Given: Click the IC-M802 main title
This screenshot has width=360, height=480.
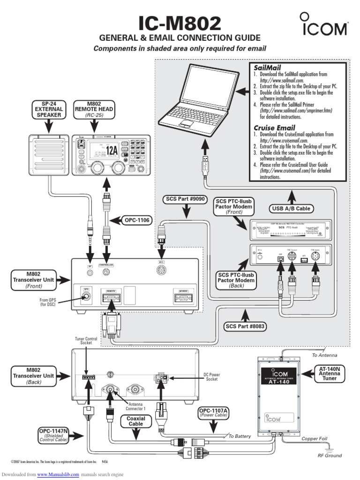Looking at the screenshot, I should (180, 23).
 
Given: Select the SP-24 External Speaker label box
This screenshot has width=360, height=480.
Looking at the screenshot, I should (48, 109).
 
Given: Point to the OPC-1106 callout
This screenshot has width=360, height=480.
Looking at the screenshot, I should (136, 219).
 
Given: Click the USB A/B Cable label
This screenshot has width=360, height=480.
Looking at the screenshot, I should (291, 208).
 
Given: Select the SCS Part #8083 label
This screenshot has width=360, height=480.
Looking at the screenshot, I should (246, 326).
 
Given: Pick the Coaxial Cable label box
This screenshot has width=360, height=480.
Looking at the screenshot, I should (136, 421).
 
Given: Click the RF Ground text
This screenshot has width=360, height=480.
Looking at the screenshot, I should (330, 455).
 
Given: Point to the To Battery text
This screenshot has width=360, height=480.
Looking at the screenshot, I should (240, 436).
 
